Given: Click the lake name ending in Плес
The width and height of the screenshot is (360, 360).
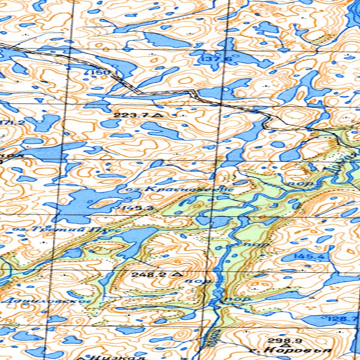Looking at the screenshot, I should tap(67, 230).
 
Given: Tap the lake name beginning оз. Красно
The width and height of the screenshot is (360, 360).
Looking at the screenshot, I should tap(180, 189).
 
